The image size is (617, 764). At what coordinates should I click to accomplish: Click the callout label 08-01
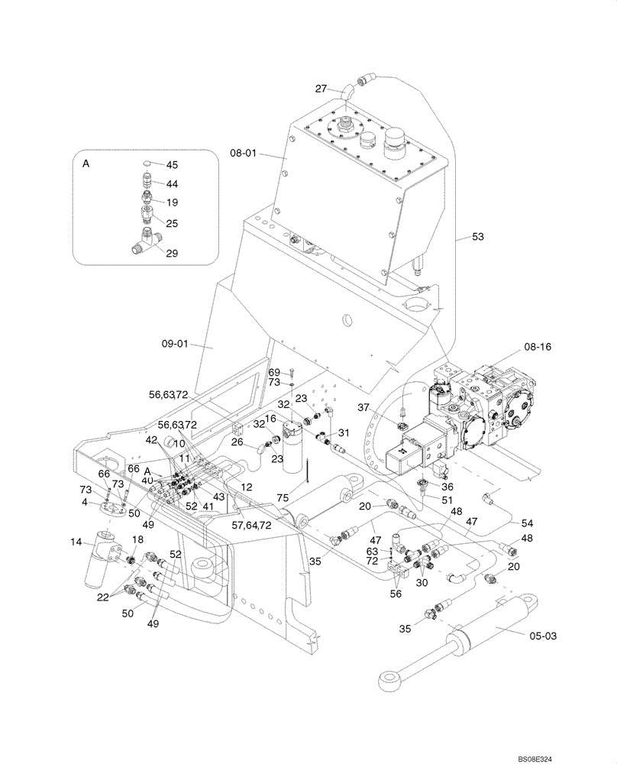[x=242, y=154]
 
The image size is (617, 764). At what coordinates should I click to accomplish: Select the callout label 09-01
[x=176, y=344]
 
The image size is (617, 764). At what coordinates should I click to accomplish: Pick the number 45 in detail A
[x=171, y=165]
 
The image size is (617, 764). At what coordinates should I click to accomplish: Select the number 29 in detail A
[x=171, y=253]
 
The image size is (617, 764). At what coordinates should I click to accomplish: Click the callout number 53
[x=477, y=238]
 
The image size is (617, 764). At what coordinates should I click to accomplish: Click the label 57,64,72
[x=251, y=526]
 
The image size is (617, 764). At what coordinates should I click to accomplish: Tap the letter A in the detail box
[x=86, y=163]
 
